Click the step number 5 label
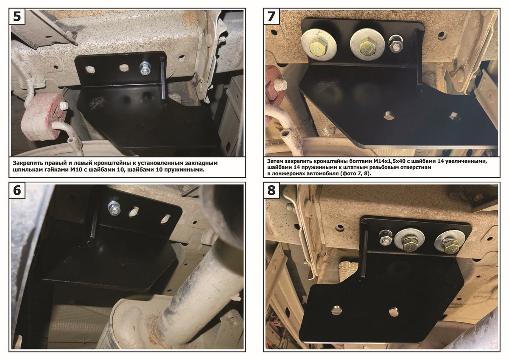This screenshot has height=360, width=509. point(17,17)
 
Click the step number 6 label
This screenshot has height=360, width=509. point(17,190)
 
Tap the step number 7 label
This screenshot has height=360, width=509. point(271,17)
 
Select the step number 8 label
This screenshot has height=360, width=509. point(271,190)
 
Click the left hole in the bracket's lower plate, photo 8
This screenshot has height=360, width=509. point(336,310)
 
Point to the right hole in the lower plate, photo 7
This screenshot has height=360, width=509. point(454,116)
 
